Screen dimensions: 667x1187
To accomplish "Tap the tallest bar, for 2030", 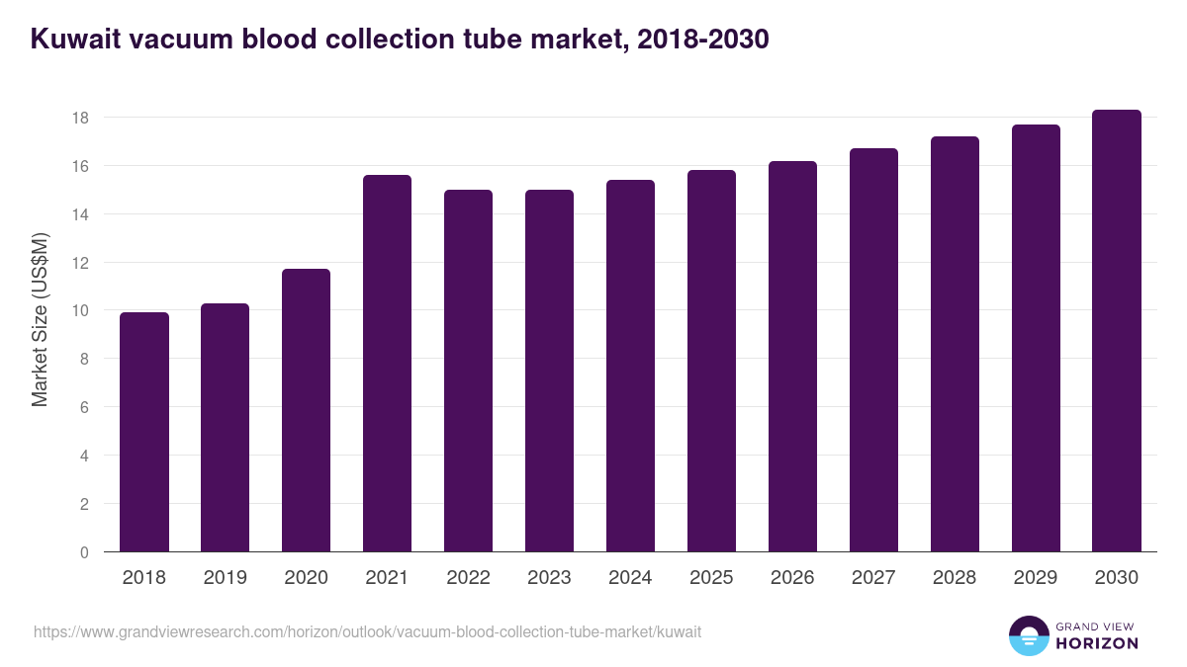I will click(1117, 331).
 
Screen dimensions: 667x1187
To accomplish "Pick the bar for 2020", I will click(306, 410).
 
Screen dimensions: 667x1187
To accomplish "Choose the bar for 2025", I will click(711, 361).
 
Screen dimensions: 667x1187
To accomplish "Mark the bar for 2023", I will click(549, 371).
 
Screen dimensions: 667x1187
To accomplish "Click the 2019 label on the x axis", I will click(225, 578).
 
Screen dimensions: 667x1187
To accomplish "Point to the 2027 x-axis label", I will click(873, 578).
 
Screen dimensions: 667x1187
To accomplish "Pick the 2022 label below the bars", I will click(468, 578).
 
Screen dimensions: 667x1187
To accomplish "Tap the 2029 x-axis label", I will click(1036, 578).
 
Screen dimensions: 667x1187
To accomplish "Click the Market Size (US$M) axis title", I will click(40, 319).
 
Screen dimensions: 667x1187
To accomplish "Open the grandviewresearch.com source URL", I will click(367, 631).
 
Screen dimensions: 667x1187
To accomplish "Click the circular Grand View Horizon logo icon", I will click(1029, 635).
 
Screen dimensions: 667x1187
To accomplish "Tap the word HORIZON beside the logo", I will click(1097, 643).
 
